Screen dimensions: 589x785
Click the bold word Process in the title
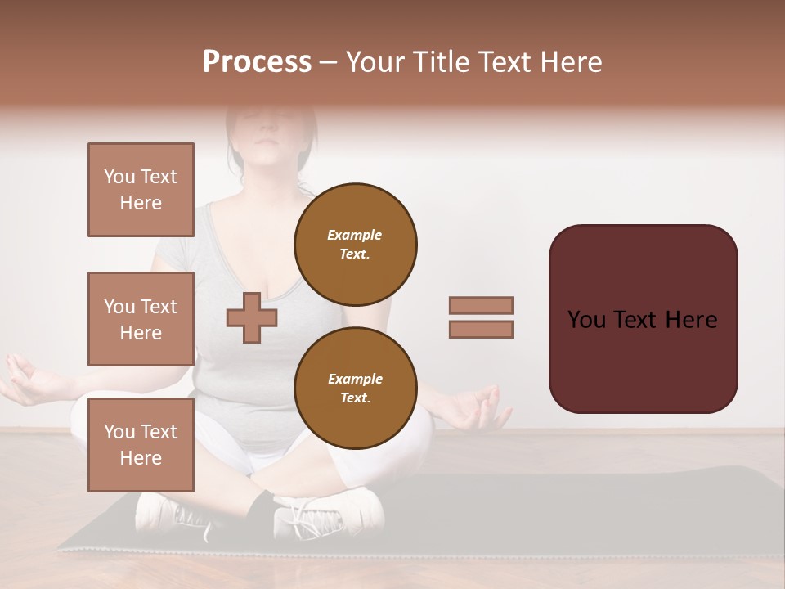[x=257, y=62]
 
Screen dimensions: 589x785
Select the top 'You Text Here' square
[x=141, y=190]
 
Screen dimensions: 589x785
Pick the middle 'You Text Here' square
[x=141, y=319]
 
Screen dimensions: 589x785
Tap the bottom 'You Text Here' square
[x=141, y=445]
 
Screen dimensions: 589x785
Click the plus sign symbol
[x=252, y=318]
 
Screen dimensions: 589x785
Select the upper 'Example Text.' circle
[x=355, y=244]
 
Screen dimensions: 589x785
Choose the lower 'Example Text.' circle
[x=355, y=389]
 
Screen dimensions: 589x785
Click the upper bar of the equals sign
[x=481, y=305]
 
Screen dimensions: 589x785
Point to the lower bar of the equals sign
[x=481, y=329]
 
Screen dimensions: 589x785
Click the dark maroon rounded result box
[x=643, y=318]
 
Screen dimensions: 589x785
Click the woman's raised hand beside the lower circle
[x=478, y=409]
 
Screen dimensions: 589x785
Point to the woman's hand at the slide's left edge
[x=25, y=380]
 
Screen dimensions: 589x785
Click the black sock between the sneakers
[x=260, y=511]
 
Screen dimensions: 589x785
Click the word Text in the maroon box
[x=637, y=319]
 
